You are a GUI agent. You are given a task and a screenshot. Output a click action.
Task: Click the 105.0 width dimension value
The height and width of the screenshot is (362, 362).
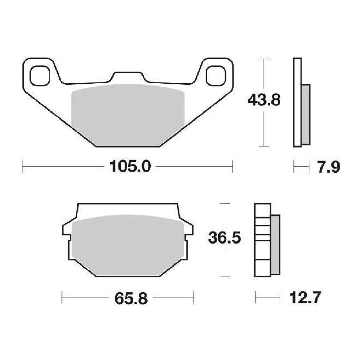click(x=130, y=167)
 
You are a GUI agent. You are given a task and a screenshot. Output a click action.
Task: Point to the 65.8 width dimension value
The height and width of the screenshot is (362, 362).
click(x=131, y=297)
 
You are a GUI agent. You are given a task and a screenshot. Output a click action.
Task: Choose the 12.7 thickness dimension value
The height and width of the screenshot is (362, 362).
click(x=304, y=297)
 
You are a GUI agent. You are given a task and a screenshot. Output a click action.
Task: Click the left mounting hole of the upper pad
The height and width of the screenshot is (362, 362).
click(x=40, y=75)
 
